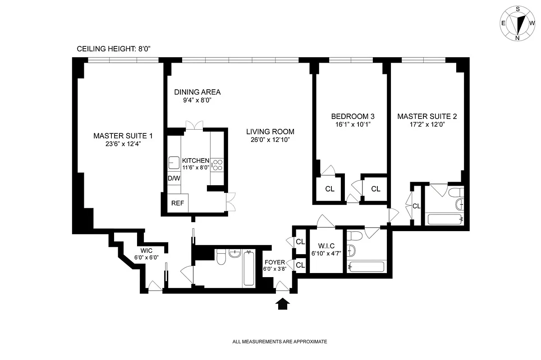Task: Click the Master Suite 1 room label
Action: pos(123,136)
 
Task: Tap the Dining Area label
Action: pos(197,92)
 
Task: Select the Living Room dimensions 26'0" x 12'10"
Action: pos(270,140)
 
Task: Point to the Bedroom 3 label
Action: pos(353,116)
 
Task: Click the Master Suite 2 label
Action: pos(427,116)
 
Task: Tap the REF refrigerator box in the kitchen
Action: pos(178,203)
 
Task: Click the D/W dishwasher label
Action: pos(174,178)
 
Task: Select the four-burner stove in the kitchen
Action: pos(217,165)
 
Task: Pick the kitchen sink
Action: pos(174,163)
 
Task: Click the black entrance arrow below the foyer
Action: pos(282,304)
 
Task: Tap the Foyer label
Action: pos(275,262)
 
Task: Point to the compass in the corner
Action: pos(518,23)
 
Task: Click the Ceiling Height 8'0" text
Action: pos(114,49)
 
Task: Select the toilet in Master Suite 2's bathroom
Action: pos(456,192)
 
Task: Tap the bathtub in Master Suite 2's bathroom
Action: pos(445,219)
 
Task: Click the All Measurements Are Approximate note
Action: pos(280,342)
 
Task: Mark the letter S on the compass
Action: pos(518,9)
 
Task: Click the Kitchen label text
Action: pos(196,160)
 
